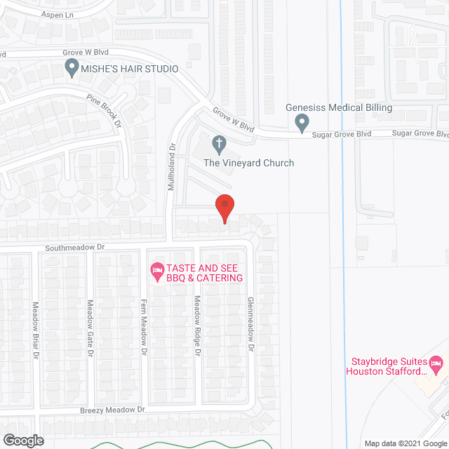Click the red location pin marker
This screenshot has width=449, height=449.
(224, 208)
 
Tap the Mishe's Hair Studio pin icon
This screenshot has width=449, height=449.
(71, 68)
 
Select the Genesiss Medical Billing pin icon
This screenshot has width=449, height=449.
(302, 123)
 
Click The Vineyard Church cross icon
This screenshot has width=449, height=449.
(219, 145)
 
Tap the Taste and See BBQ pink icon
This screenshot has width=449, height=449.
(157, 269)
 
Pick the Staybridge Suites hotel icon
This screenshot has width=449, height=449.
(436, 363)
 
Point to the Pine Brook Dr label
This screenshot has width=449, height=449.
(105, 110)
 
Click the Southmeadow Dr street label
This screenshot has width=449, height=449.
(75, 247)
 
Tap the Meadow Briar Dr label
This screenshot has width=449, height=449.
(35, 330)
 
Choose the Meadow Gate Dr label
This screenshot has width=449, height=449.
(90, 328)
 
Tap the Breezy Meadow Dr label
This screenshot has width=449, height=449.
(112, 409)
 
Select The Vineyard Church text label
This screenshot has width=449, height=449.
(248, 163)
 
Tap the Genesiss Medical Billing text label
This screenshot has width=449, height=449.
(339, 107)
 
